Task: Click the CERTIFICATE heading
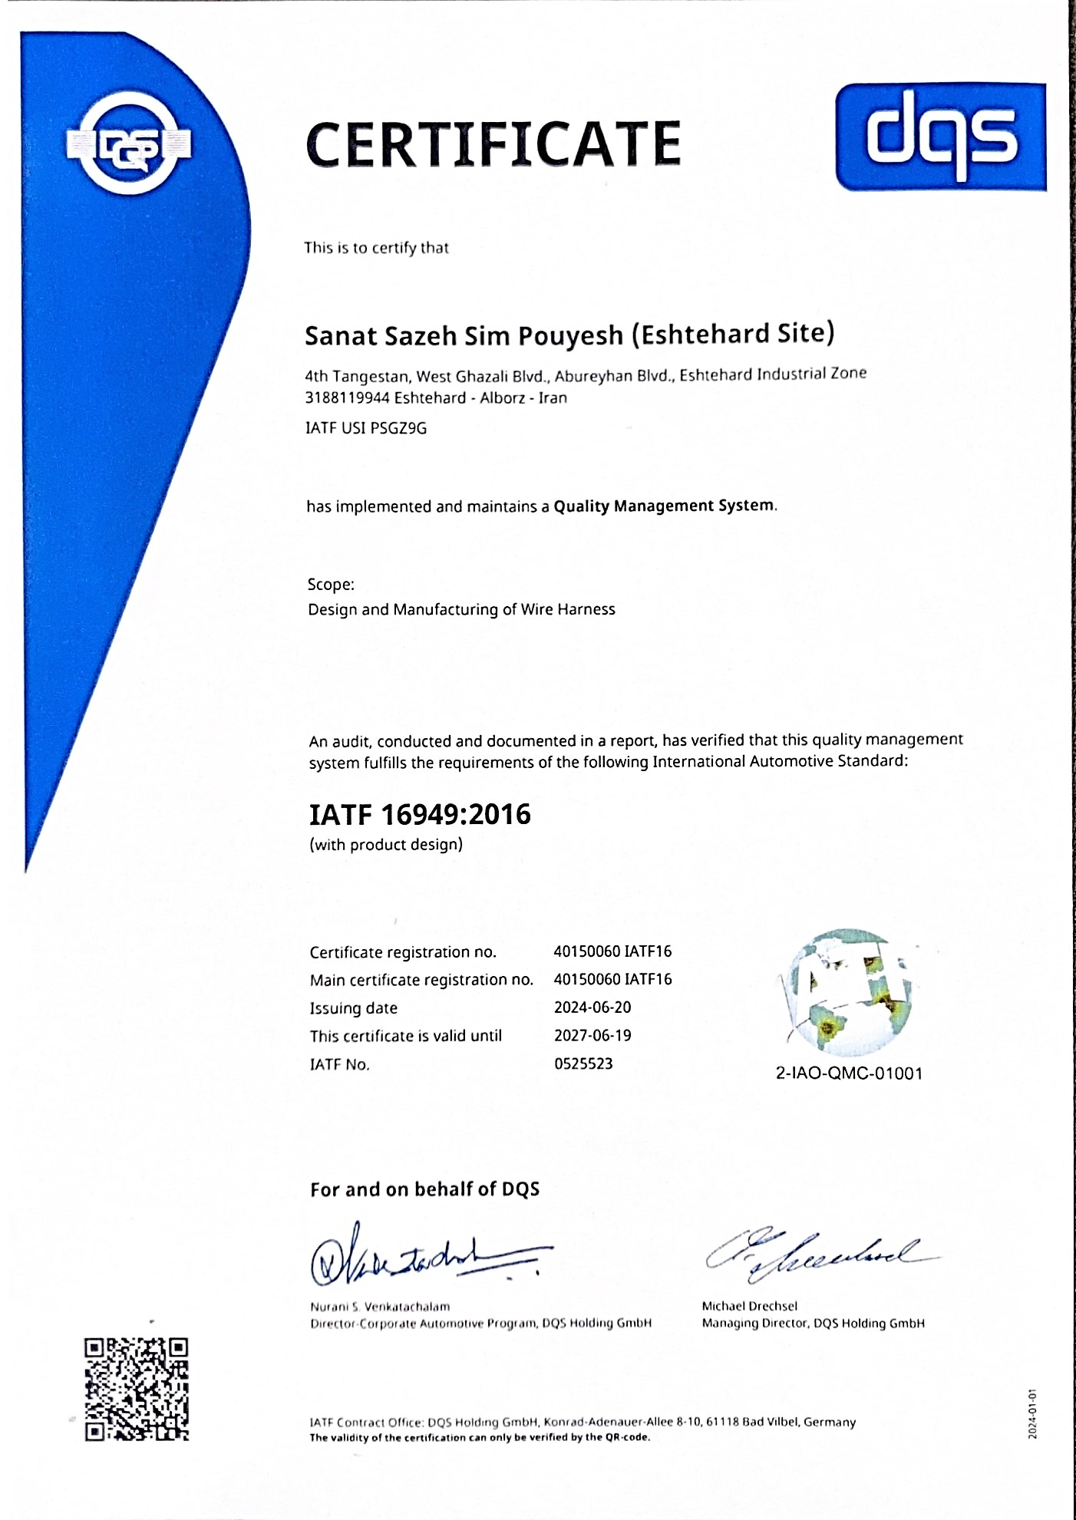493,143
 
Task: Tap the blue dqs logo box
940,137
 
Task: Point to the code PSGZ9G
398,428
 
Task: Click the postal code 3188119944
347,397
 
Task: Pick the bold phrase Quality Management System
664,506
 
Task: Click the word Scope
330,585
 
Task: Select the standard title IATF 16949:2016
420,814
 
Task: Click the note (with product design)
386,845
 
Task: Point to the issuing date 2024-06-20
592,1007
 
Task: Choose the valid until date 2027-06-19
592,1036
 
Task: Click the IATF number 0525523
583,1063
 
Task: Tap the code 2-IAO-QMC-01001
849,1073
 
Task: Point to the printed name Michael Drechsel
749,1306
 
